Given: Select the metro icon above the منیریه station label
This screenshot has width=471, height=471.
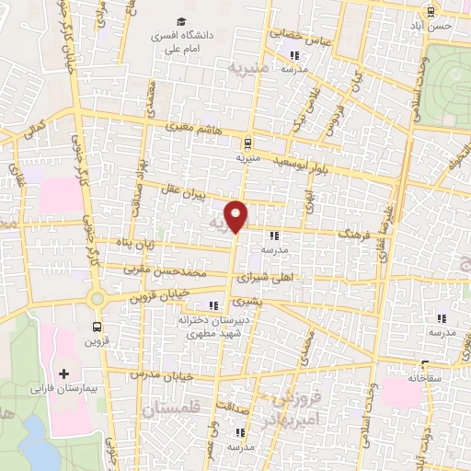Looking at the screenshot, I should [x=247, y=144].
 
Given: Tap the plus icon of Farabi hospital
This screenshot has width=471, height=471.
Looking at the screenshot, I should [x=63, y=373].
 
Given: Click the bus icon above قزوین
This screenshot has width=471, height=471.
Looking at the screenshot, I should [x=98, y=327].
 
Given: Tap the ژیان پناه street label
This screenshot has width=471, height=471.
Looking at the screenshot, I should [x=128, y=244].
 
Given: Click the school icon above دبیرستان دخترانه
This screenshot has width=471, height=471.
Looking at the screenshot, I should [x=214, y=305].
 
